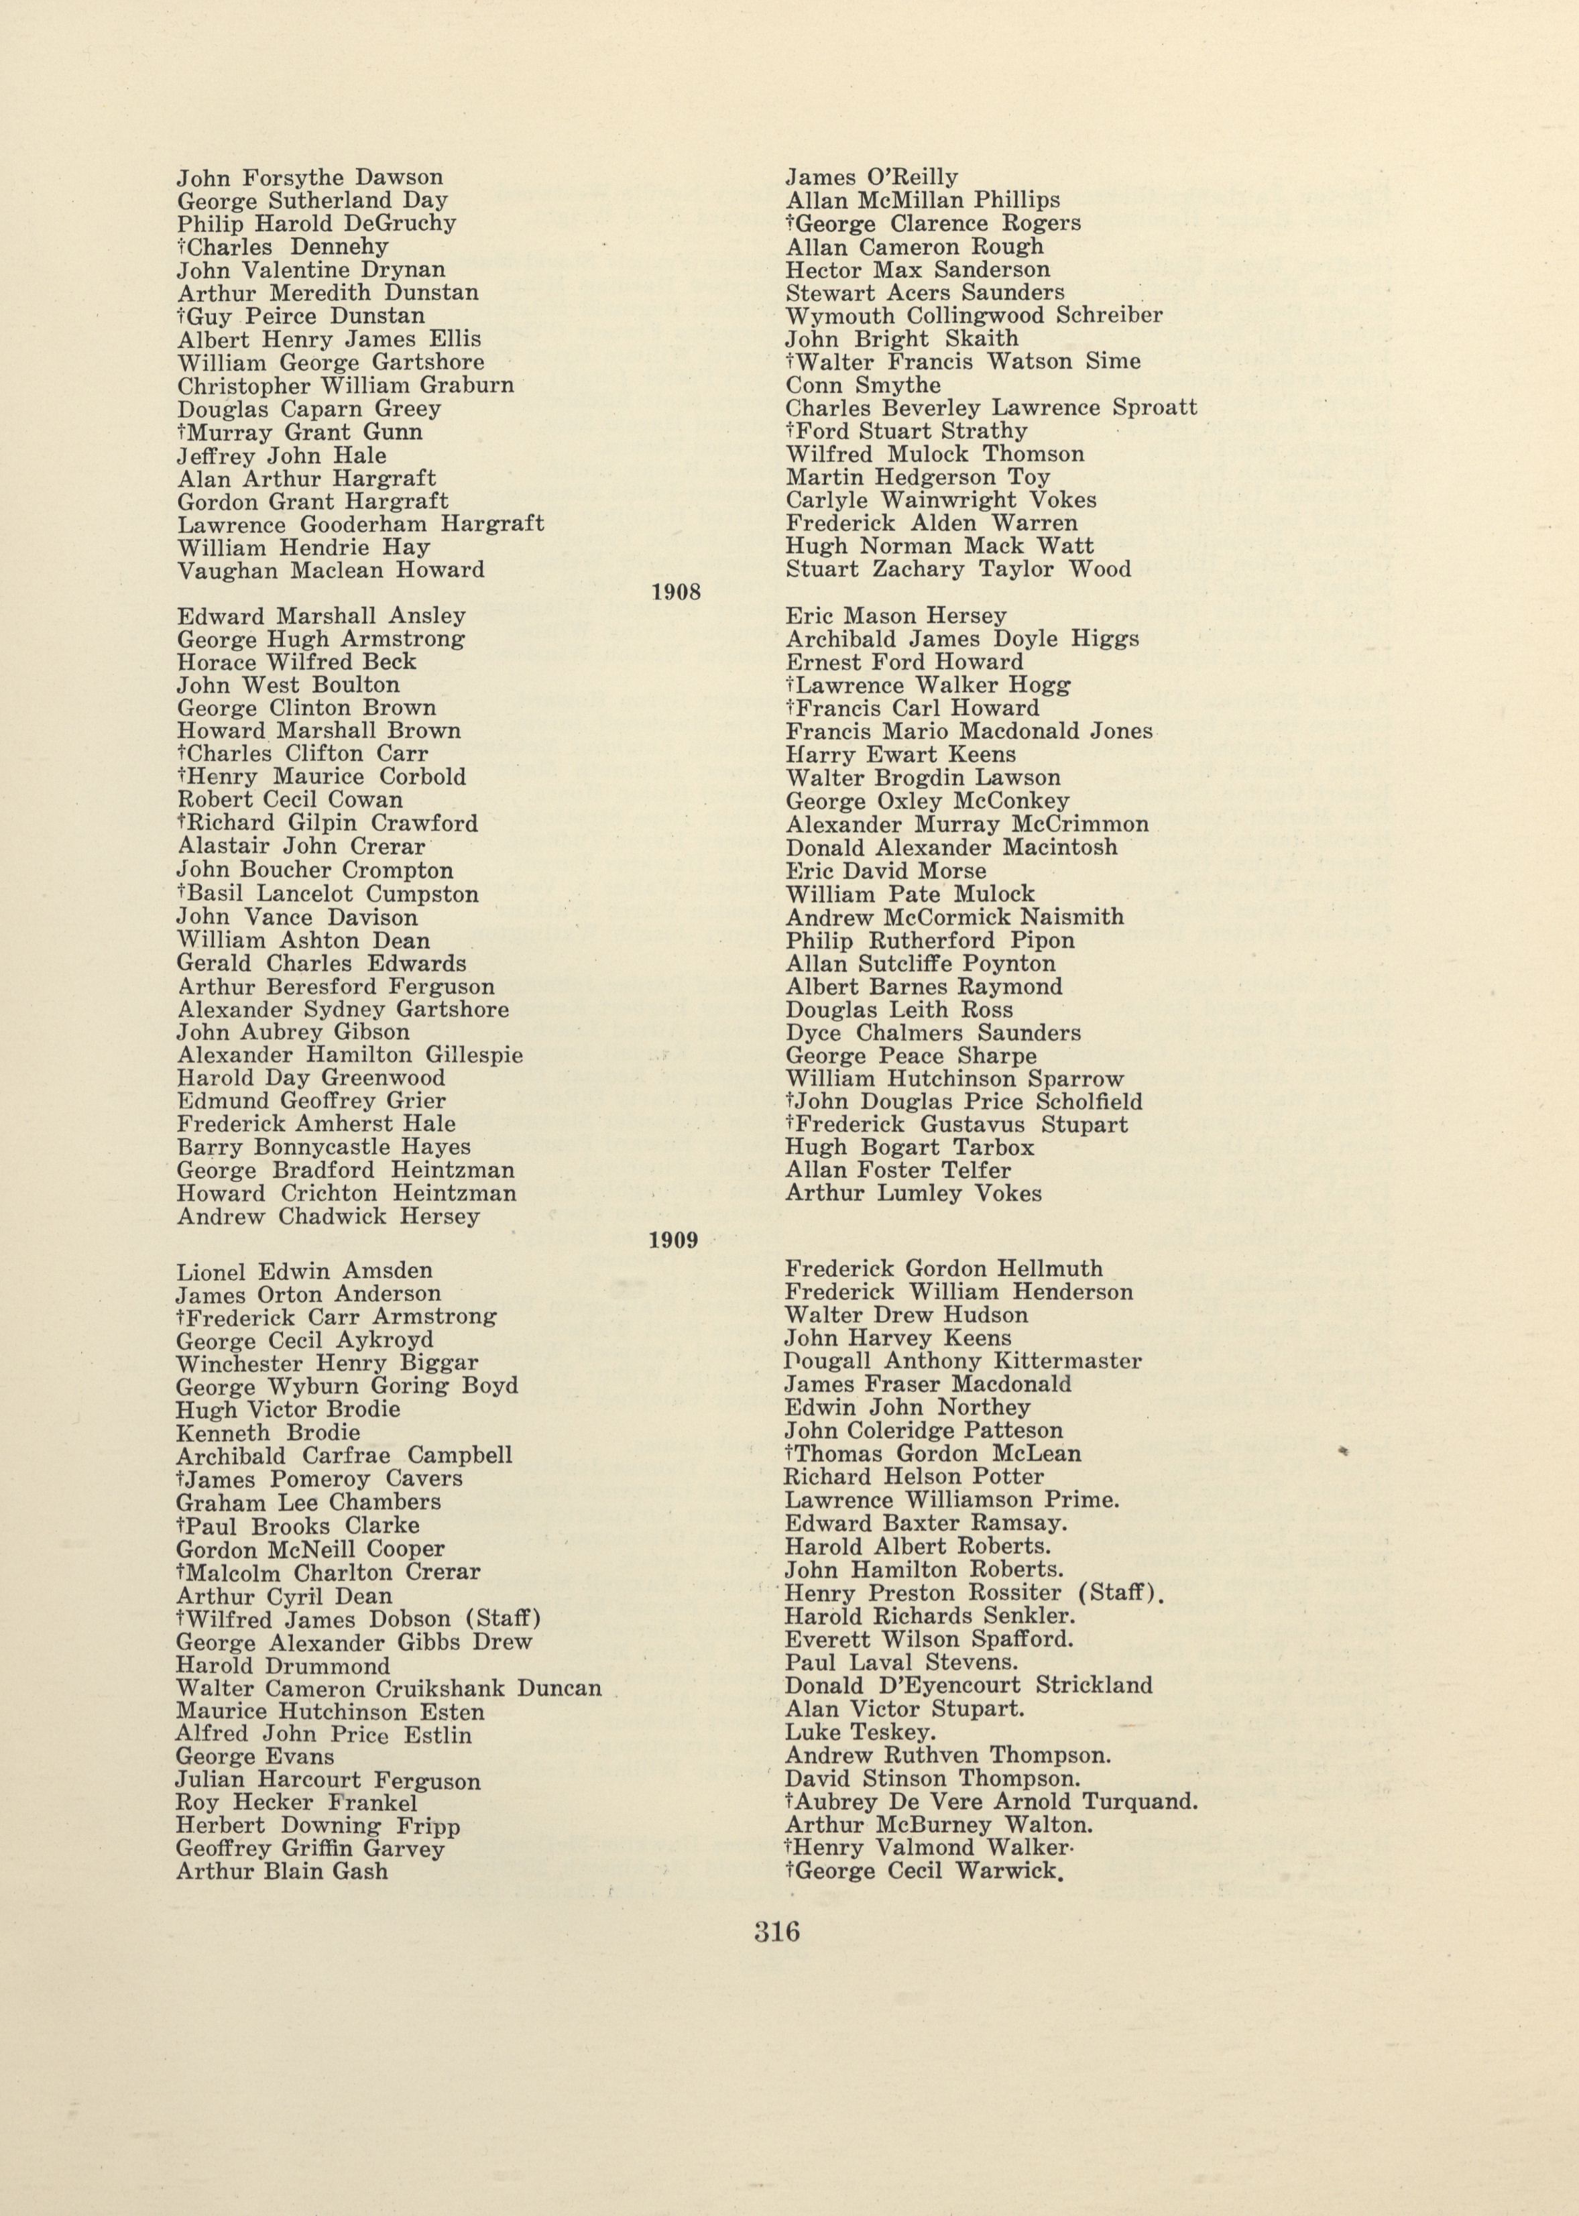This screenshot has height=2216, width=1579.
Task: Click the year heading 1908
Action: pos(676,592)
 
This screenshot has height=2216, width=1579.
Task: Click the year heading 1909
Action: pos(675,1240)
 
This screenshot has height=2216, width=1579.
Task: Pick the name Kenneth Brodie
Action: pos(268,1432)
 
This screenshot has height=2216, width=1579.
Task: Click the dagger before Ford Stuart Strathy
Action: pos(790,430)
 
